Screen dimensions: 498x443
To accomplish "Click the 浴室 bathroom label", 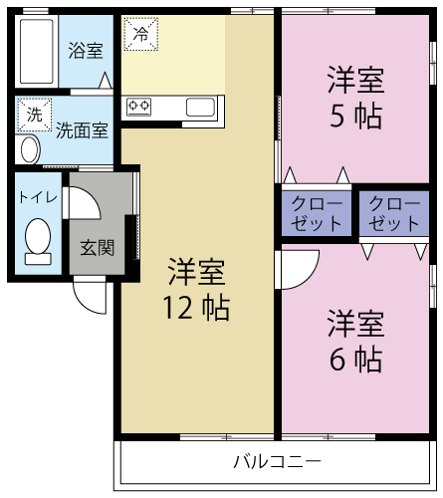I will pyautogui.click(x=85, y=50).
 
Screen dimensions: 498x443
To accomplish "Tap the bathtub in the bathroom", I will pyautogui.click(x=36, y=51).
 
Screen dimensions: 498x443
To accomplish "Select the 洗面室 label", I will pyautogui.click(x=82, y=128).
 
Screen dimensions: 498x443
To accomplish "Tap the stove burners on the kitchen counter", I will pyautogui.click(x=138, y=106).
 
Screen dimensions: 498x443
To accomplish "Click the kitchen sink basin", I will pyautogui.click(x=199, y=106).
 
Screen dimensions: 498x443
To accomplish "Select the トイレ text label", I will pyautogui.click(x=38, y=196).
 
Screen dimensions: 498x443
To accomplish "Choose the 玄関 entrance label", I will pyautogui.click(x=97, y=247).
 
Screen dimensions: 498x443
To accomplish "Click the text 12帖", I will pyautogui.click(x=195, y=308).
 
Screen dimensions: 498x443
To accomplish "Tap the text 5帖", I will pyautogui.click(x=355, y=117).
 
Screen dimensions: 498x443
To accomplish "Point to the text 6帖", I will pyautogui.click(x=355, y=359).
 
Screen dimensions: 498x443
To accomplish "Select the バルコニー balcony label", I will pyautogui.click(x=277, y=462).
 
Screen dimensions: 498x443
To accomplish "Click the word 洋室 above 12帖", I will pyautogui.click(x=195, y=271).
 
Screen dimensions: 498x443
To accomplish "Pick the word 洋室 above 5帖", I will pyautogui.click(x=355, y=79).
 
